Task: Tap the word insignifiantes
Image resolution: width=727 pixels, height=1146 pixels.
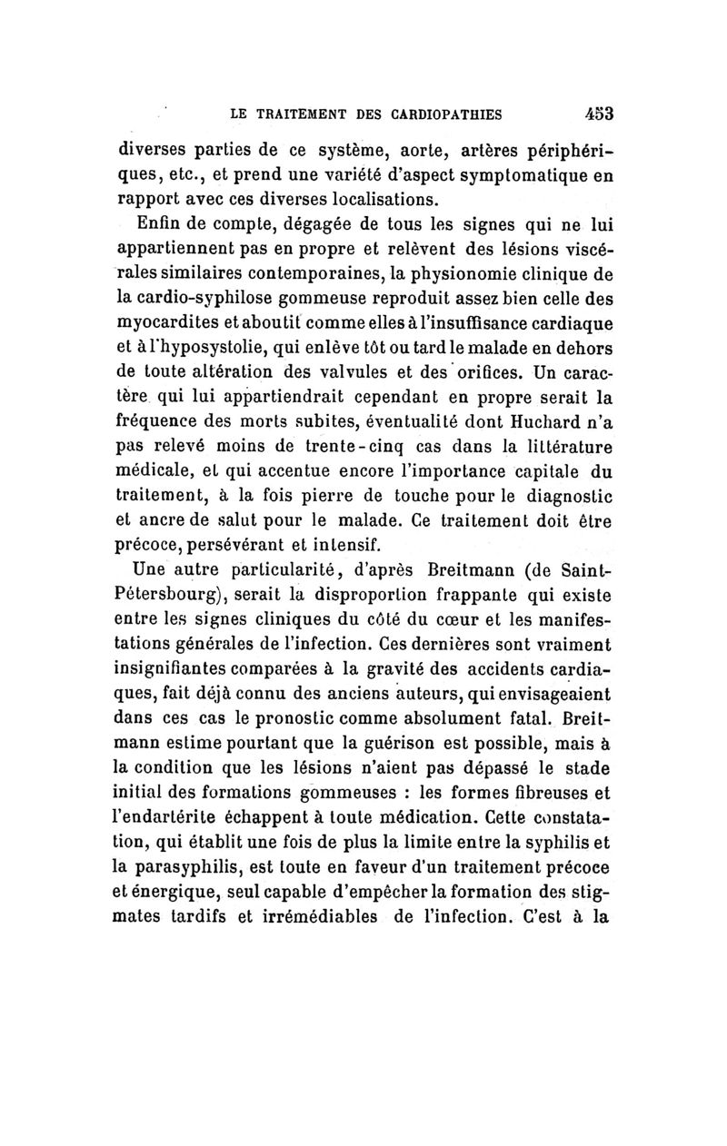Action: [x=181, y=668]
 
